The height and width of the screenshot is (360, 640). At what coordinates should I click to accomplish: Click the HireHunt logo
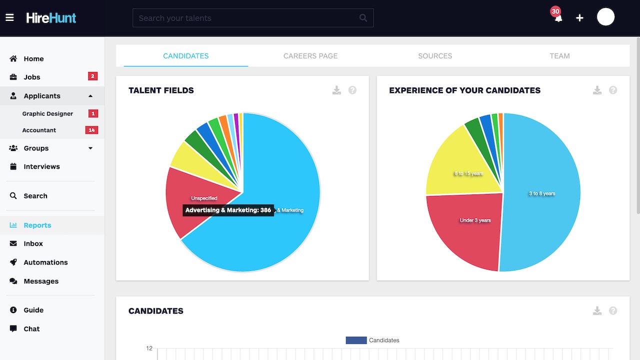point(51,17)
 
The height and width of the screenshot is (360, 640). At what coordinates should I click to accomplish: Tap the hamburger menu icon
point(9,17)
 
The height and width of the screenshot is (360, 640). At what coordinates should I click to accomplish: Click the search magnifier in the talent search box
point(363,18)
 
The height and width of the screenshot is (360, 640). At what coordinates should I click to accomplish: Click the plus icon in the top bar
point(579,18)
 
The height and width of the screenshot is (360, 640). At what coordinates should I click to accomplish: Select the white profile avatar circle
point(605,17)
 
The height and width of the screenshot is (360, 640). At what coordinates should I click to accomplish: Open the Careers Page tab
point(310,56)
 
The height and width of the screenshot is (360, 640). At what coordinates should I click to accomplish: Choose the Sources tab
point(435,56)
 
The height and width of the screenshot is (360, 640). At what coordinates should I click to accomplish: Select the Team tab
point(559,56)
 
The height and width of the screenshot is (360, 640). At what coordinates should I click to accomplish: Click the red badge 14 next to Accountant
point(91,130)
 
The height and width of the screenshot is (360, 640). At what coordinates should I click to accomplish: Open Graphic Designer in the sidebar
point(47,113)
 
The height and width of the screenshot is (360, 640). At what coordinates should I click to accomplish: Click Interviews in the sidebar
point(41,166)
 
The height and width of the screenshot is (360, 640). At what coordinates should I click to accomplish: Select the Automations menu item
point(45,262)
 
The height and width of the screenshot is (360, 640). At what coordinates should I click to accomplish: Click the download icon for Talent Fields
point(336,90)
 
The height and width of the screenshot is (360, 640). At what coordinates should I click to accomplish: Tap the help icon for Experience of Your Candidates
point(613,90)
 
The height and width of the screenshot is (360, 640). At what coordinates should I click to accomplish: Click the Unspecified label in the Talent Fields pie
point(204,198)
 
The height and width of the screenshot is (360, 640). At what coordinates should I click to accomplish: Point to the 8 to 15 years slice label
point(469,173)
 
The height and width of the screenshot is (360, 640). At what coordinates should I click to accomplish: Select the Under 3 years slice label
point(475,220)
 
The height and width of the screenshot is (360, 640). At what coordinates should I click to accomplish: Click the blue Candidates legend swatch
point(356,340)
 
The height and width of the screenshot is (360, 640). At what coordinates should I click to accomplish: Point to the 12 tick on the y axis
point(149,348)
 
